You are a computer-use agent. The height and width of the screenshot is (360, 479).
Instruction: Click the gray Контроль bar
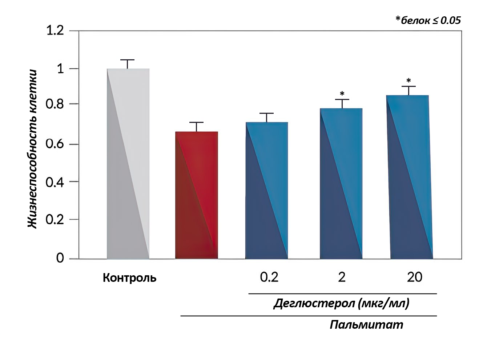tap(128, 164)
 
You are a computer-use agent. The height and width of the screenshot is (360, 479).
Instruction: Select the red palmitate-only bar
tap(197, 195)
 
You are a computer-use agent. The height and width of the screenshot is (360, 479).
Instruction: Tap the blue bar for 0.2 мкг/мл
tap(267, 191)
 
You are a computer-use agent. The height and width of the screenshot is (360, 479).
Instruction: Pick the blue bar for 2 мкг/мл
tap(341, 184)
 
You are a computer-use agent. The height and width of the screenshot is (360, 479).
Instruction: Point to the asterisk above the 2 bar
tap(342, 94)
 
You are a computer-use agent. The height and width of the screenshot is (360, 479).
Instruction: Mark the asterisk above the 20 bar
tap(409, 81)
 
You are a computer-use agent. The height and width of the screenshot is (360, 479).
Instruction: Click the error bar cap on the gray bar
tap(128, 60)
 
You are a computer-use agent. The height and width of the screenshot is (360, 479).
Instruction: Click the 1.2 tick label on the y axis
tap(55, 31)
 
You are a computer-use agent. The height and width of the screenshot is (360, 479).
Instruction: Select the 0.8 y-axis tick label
tap(55, 104)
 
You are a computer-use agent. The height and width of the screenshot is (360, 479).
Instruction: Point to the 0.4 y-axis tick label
tap(55, 182)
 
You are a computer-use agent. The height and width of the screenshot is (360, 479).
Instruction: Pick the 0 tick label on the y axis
tap(60, 258)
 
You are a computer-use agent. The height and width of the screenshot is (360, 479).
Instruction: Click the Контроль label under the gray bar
tap(129, 278)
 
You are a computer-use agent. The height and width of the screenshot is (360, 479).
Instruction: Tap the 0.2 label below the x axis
tap(269, 277)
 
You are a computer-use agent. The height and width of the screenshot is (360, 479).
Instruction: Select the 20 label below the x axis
tap(415, 277)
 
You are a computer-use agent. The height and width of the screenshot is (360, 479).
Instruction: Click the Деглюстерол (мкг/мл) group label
tap(341, 303)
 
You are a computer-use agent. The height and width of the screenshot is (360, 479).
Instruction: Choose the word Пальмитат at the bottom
tap(366, 324)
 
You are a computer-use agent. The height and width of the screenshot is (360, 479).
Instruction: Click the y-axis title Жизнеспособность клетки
tap(33, 149)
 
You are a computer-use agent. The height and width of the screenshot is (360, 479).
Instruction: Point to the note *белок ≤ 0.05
tap(428, 20)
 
